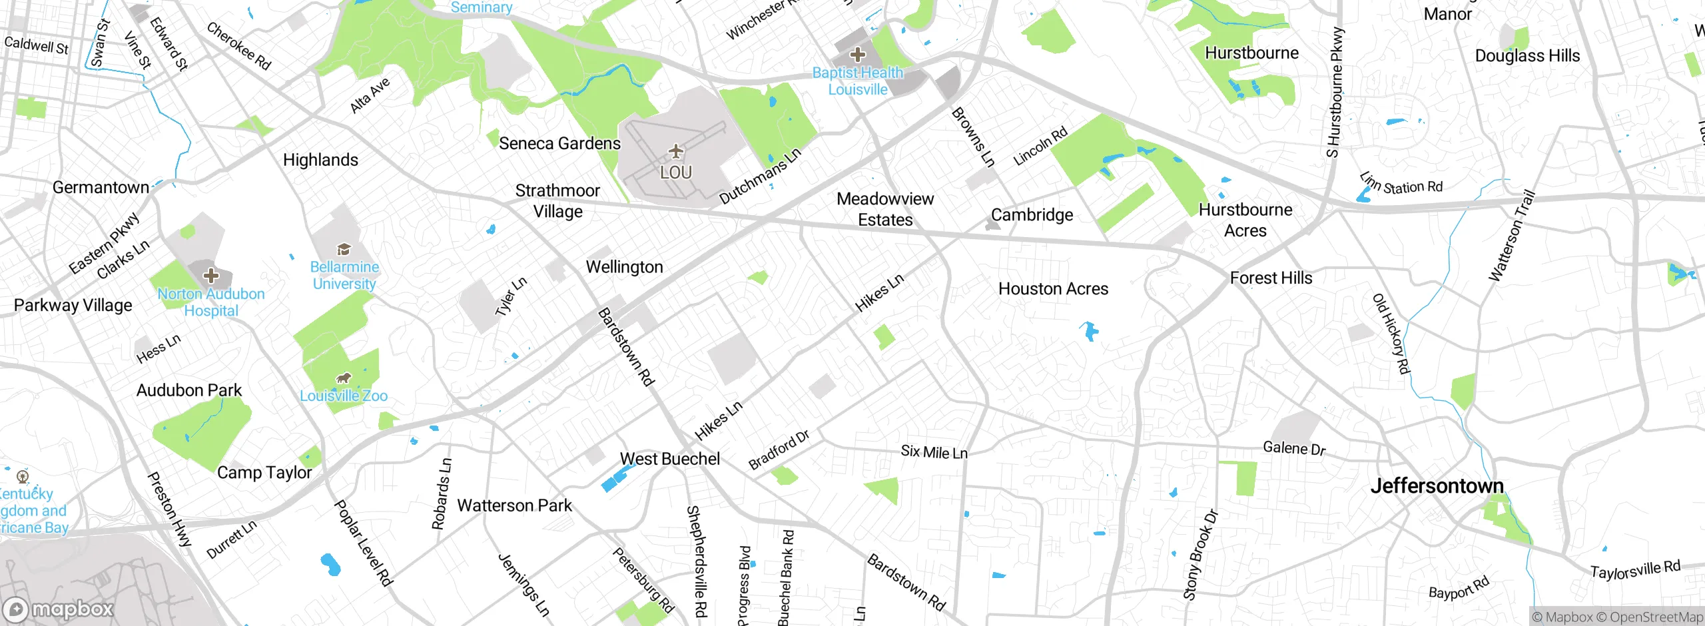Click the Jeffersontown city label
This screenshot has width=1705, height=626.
tap(1437, 486)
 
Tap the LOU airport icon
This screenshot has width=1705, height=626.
tap(676, 152)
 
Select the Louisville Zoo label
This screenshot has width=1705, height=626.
tap(344, 396)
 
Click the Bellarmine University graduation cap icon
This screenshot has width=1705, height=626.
tap(344, 250)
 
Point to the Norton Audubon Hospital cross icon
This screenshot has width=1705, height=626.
tap(211, 275)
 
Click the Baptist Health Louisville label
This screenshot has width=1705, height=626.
tap(858, 81)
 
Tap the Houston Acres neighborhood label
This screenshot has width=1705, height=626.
tap(1053, 289)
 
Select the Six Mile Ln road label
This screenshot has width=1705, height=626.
tap(934, 452)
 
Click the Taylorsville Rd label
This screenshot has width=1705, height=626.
tap(1635, 570)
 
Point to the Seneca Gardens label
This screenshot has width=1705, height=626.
tap(559, 144)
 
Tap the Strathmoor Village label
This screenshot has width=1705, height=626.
tap(557, 201)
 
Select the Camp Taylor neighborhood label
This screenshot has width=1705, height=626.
tap(264, 473)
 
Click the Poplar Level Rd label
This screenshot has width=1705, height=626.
tap(363, 543)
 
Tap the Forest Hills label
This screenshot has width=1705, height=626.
tap(1271, 278)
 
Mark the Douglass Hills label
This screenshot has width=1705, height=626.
tap(1527, 56)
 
